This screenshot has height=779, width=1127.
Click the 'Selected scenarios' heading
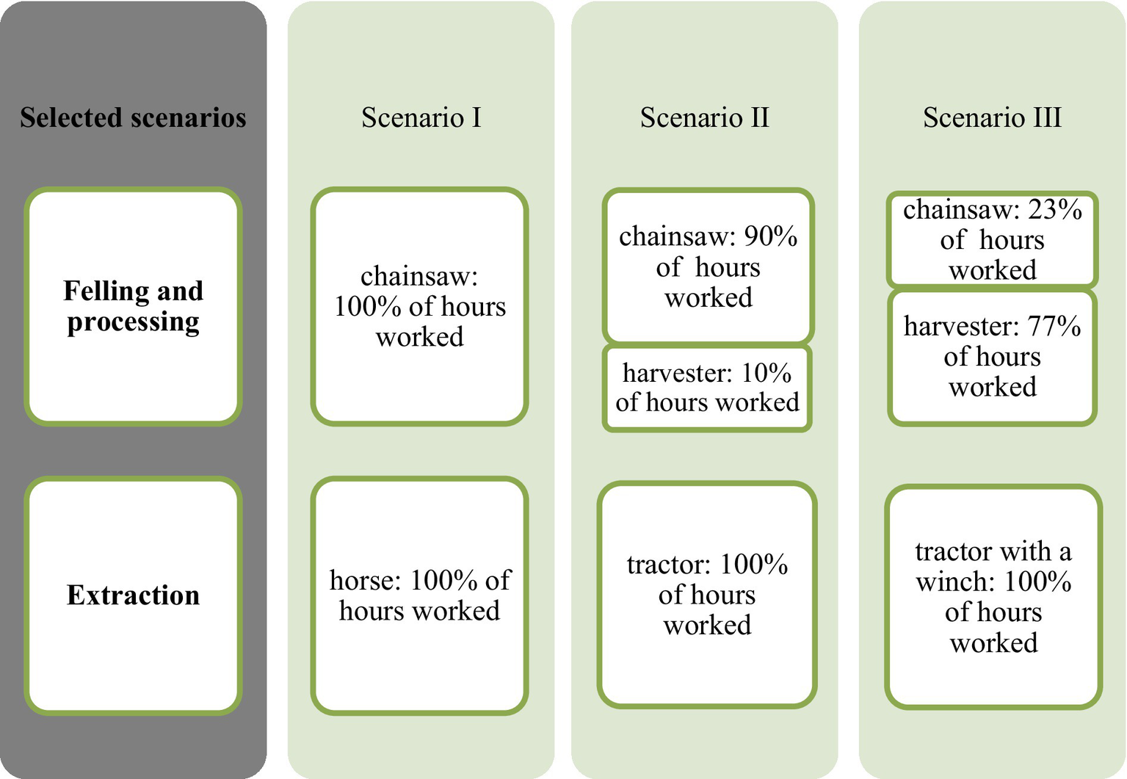133,117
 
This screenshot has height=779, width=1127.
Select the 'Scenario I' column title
421,117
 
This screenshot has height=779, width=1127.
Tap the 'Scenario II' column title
704,117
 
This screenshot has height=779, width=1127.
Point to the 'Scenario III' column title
992,117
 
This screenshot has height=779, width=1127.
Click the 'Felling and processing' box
133,306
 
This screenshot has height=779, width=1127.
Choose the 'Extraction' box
133,595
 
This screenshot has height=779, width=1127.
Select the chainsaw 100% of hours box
419,306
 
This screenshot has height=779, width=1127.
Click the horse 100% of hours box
419,595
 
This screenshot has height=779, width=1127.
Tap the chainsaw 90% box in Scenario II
708,267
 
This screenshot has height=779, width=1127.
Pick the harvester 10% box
707,388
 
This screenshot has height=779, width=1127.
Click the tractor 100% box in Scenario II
707,595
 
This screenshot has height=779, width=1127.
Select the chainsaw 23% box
992,239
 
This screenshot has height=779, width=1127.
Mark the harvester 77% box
992,357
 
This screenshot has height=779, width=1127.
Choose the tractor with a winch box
993,596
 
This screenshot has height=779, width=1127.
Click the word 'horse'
365,580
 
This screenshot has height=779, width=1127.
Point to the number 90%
770,236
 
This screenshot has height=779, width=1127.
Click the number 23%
1054,210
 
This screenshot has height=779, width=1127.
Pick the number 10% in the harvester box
766,373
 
